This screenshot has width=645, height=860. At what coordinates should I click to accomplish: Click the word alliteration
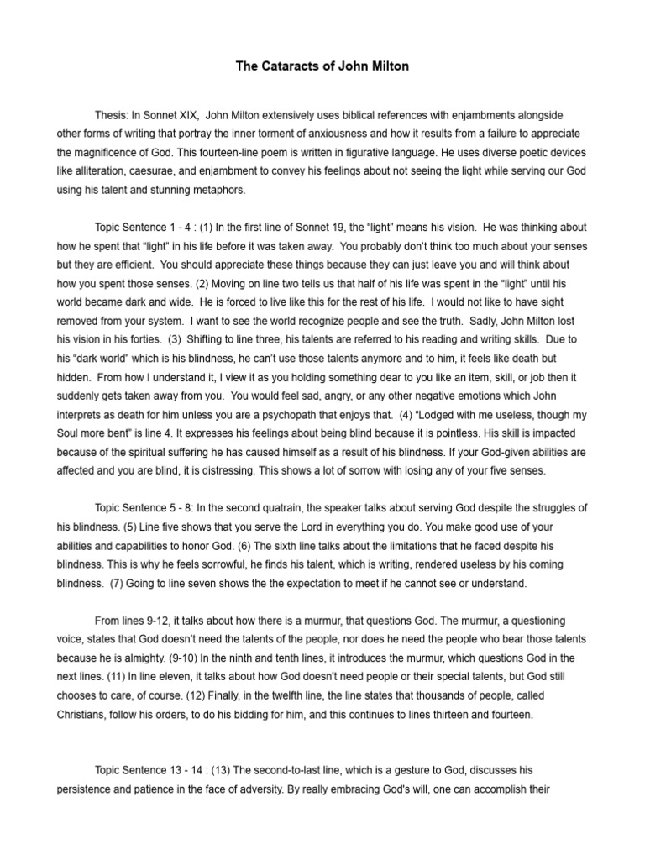pos(97,172)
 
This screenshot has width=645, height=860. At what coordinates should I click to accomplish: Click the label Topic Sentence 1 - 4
pos(143,228)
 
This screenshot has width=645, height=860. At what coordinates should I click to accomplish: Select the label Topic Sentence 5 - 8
pos(143,508)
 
